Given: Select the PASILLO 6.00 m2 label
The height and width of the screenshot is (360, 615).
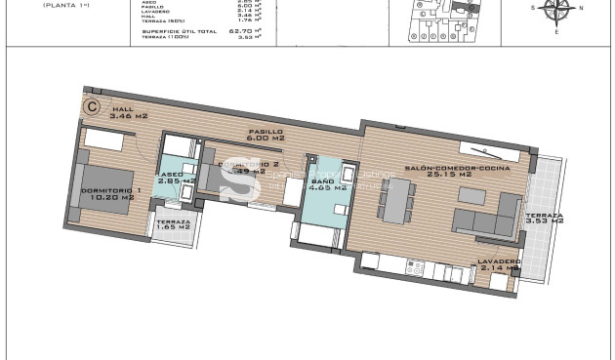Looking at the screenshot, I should pos(266,135).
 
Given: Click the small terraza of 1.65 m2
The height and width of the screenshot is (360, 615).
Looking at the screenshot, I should pos(173,226).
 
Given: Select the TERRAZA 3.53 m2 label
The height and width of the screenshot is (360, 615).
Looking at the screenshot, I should pos(544,219).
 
